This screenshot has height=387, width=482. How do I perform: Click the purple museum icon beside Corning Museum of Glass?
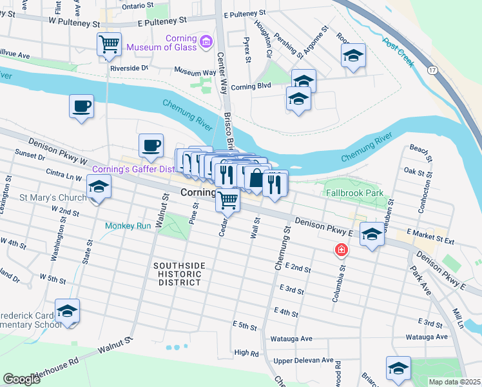tap(206, 43)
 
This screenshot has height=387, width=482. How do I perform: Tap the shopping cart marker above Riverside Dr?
tap(109, 44)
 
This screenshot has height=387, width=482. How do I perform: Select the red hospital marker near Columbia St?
tap(339, 250)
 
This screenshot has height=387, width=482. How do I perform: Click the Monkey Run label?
tap(128, 226)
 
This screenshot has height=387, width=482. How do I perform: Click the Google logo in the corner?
tap(21, 379)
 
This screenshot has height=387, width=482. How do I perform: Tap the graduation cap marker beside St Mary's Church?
tap(99, 188)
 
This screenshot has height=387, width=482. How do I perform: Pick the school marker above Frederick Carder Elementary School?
tap(67, 312)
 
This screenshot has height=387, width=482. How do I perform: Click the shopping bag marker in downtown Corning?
tap(256, 179)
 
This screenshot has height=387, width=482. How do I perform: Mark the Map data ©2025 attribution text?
tap(454, 382)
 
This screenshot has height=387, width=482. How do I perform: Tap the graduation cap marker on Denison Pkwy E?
tap(372, 235)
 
